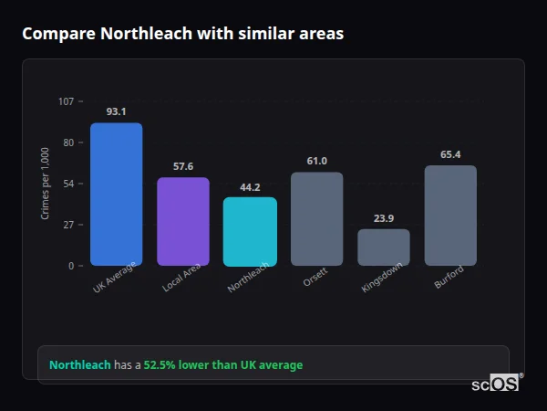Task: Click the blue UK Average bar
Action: [x=116, y=195]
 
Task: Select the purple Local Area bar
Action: [x=182, y=222]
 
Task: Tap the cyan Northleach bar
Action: [x=250, y=232]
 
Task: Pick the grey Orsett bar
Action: [x=316, y=219]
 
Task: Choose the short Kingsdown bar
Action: [x=383, y=248]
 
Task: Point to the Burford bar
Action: [x=450, y=216]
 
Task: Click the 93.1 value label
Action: [x=116, y=111]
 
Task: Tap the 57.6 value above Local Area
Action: [x=183, y=166]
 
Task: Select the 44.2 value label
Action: [x=250, y=187]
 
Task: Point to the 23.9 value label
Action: [x=384, y=218]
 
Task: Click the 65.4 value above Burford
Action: [x=450, y=154]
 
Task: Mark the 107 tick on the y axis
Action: [x=66, y=101]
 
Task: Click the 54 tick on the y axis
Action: [x=68, y=184]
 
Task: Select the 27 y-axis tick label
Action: [x=68, y=225]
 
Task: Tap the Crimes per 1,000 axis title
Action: [x=46, y=184]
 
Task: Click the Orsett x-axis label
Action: [x=315, y=278]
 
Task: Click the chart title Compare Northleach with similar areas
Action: [x=183, y=34]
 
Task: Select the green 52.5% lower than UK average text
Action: [x=223, y=365]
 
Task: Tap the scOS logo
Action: [x=496, y=384]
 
